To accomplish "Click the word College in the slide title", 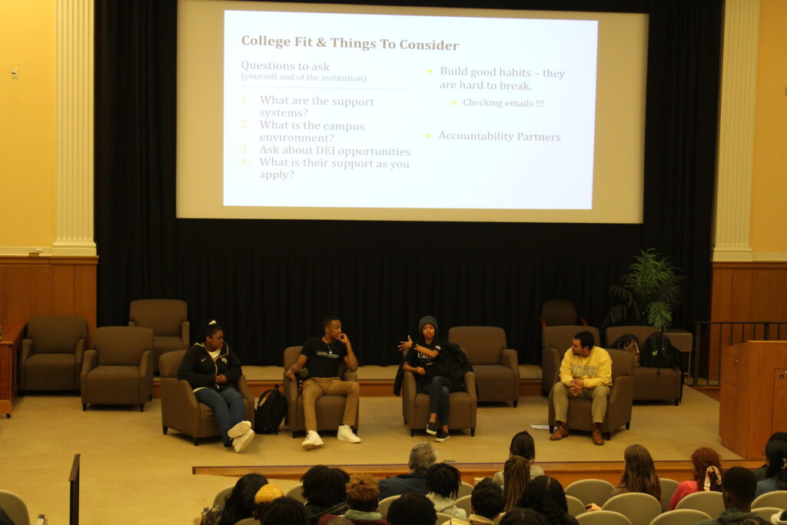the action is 266,42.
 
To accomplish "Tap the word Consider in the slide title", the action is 429,45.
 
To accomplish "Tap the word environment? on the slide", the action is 297,138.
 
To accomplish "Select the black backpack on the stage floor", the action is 271,410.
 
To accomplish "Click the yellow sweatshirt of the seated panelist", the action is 585,368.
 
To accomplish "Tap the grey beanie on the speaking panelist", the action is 428,324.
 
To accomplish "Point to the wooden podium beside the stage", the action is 753,399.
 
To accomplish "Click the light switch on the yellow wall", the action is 15,73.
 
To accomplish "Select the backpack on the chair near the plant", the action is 657,350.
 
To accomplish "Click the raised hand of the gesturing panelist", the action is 405,345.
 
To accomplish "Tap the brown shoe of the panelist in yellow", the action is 559,432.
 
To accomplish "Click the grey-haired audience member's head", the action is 422,457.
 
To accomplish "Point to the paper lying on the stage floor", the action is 540,427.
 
